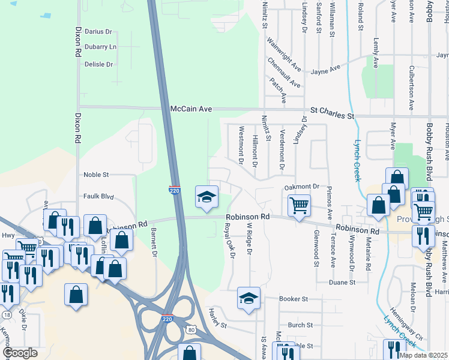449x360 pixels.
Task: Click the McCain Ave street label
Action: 191,109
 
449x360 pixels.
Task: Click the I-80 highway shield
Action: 190,329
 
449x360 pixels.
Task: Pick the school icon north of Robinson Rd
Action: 206,197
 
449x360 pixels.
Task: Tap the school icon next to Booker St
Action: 249,298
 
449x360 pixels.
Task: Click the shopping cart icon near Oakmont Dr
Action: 298,205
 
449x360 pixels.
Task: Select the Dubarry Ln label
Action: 100,47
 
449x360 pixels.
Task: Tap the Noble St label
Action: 96,175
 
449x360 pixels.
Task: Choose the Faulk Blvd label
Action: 98,196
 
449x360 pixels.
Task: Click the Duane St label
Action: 342,281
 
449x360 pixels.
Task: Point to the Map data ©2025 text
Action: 424,355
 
